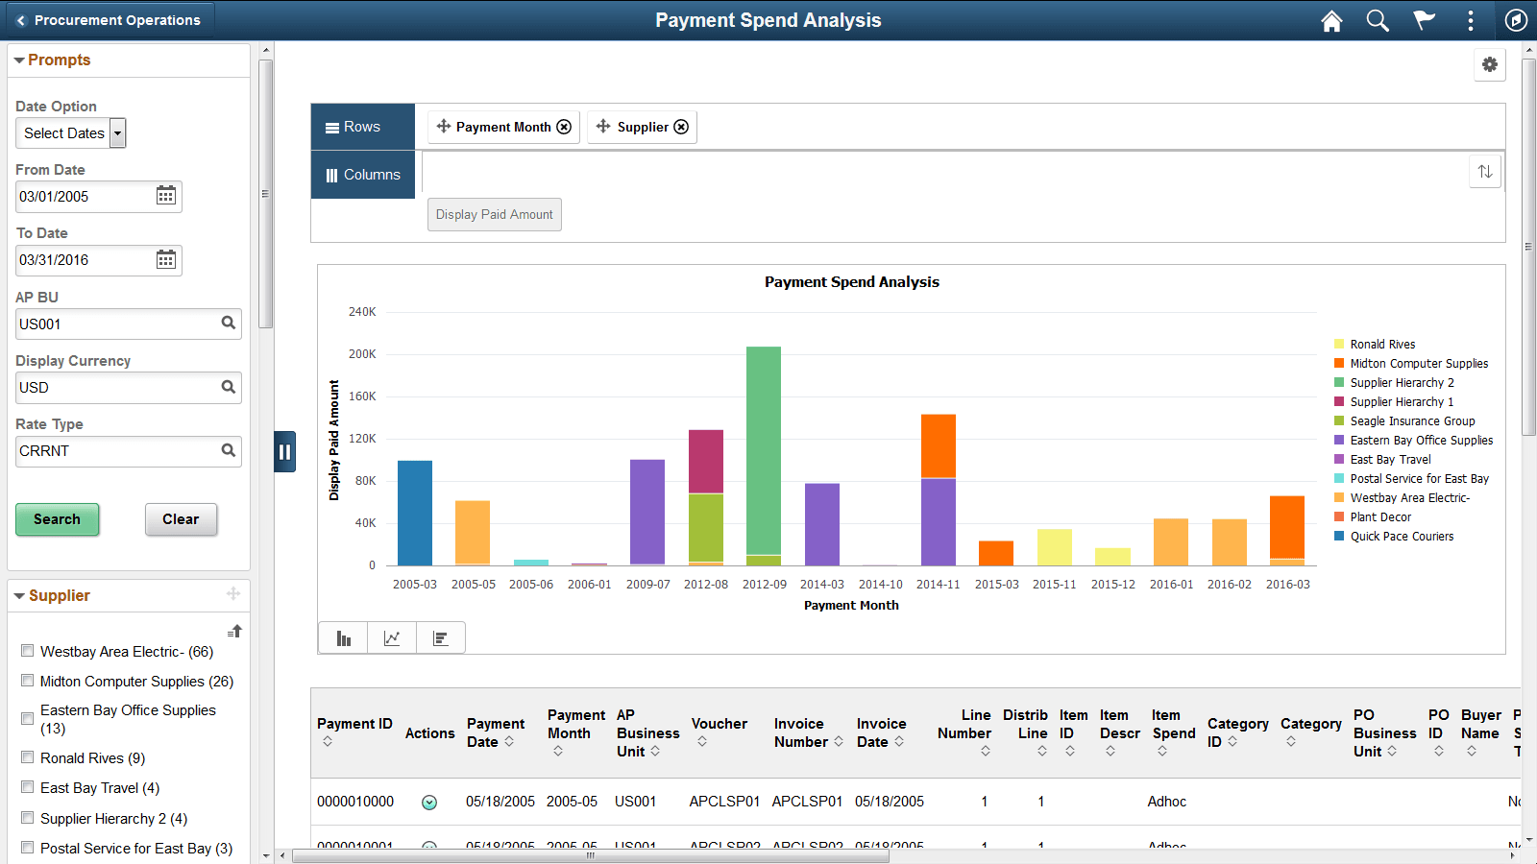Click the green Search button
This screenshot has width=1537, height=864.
pos(57,519)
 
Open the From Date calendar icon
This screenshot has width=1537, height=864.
pos(166,196)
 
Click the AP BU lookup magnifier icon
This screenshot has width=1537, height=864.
pos(229,324)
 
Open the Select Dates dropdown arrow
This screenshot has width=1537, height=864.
pos(117,133)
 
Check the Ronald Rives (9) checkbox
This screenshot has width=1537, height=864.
pos(28,757)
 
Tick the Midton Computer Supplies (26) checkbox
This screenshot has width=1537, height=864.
pos(28,681)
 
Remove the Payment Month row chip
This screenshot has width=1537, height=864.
pos(565,127)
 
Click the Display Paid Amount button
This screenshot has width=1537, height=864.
pos(494,214)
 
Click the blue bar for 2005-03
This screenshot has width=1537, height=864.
pos(414,514)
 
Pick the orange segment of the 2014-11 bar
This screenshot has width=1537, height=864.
pos(938,445)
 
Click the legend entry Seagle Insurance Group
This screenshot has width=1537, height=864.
pos(1411,421)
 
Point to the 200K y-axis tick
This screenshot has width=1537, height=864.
pos(362,354)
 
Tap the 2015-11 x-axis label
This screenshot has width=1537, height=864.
pos(1054,584)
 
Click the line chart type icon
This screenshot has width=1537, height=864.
pos(392,638)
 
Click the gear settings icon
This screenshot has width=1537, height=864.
pos(1489,64)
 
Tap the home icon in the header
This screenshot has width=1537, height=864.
pos(1331,20)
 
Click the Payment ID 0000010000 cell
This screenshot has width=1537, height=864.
pos(355,802)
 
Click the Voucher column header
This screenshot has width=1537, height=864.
pos(719,724)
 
